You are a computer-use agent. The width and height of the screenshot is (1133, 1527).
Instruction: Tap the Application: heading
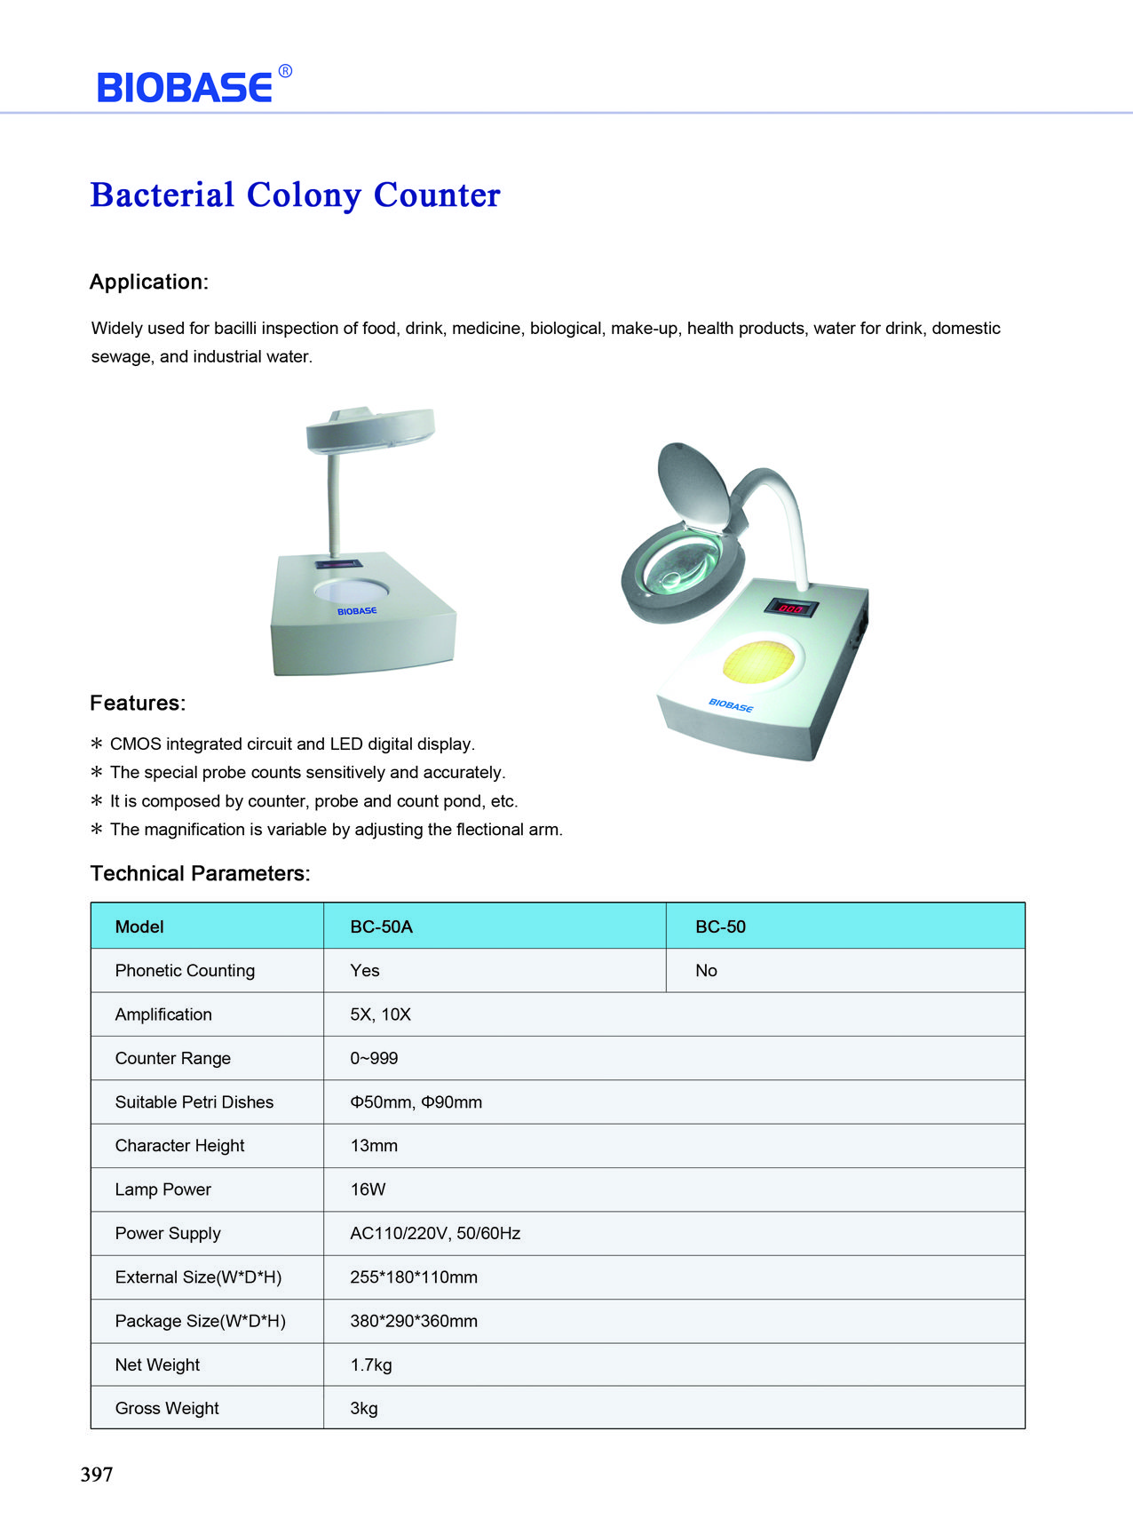click(148, 282)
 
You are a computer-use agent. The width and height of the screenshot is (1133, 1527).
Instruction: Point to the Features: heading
click(138, 704)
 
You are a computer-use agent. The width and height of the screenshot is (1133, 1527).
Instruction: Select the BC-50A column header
click(381, 927)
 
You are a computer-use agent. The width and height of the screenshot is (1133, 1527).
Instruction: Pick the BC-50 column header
click(720, 927)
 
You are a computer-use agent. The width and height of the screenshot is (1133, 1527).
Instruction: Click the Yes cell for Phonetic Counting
click(364, 971)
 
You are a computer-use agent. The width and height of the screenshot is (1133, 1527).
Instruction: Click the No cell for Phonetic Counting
click(706, 971)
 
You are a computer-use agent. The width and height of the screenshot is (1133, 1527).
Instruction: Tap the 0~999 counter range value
click(374, 1058)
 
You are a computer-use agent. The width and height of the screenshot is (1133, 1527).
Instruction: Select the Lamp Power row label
click(162, 1189)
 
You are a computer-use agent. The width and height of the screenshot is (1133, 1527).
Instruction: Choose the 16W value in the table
click(368, 1189)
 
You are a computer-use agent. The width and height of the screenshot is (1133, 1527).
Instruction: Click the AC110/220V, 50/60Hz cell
click(435, 1233)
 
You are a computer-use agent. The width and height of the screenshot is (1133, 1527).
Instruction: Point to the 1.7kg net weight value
click(370, 1364)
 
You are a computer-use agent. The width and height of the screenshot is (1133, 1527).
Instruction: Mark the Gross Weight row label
click(167, 1408)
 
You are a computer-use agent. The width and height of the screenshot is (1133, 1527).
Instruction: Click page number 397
click(97, 1475)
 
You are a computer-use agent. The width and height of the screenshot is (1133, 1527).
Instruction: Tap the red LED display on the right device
click(790, 608)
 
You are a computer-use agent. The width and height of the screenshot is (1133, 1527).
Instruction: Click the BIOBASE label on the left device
click(357, 611)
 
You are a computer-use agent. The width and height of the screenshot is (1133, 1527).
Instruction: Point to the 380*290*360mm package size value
click(414, 1321)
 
